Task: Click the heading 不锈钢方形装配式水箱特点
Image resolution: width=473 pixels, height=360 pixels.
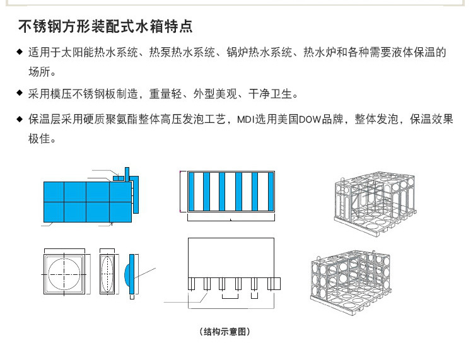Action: click(104, 27)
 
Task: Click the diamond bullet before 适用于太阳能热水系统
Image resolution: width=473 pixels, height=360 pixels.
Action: click(20, 51)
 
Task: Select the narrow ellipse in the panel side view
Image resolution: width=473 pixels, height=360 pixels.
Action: click(108, 274)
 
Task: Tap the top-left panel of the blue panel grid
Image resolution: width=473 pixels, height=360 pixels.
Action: click(54, 191)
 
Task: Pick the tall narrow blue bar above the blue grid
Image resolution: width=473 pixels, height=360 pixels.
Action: click(127, 174)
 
